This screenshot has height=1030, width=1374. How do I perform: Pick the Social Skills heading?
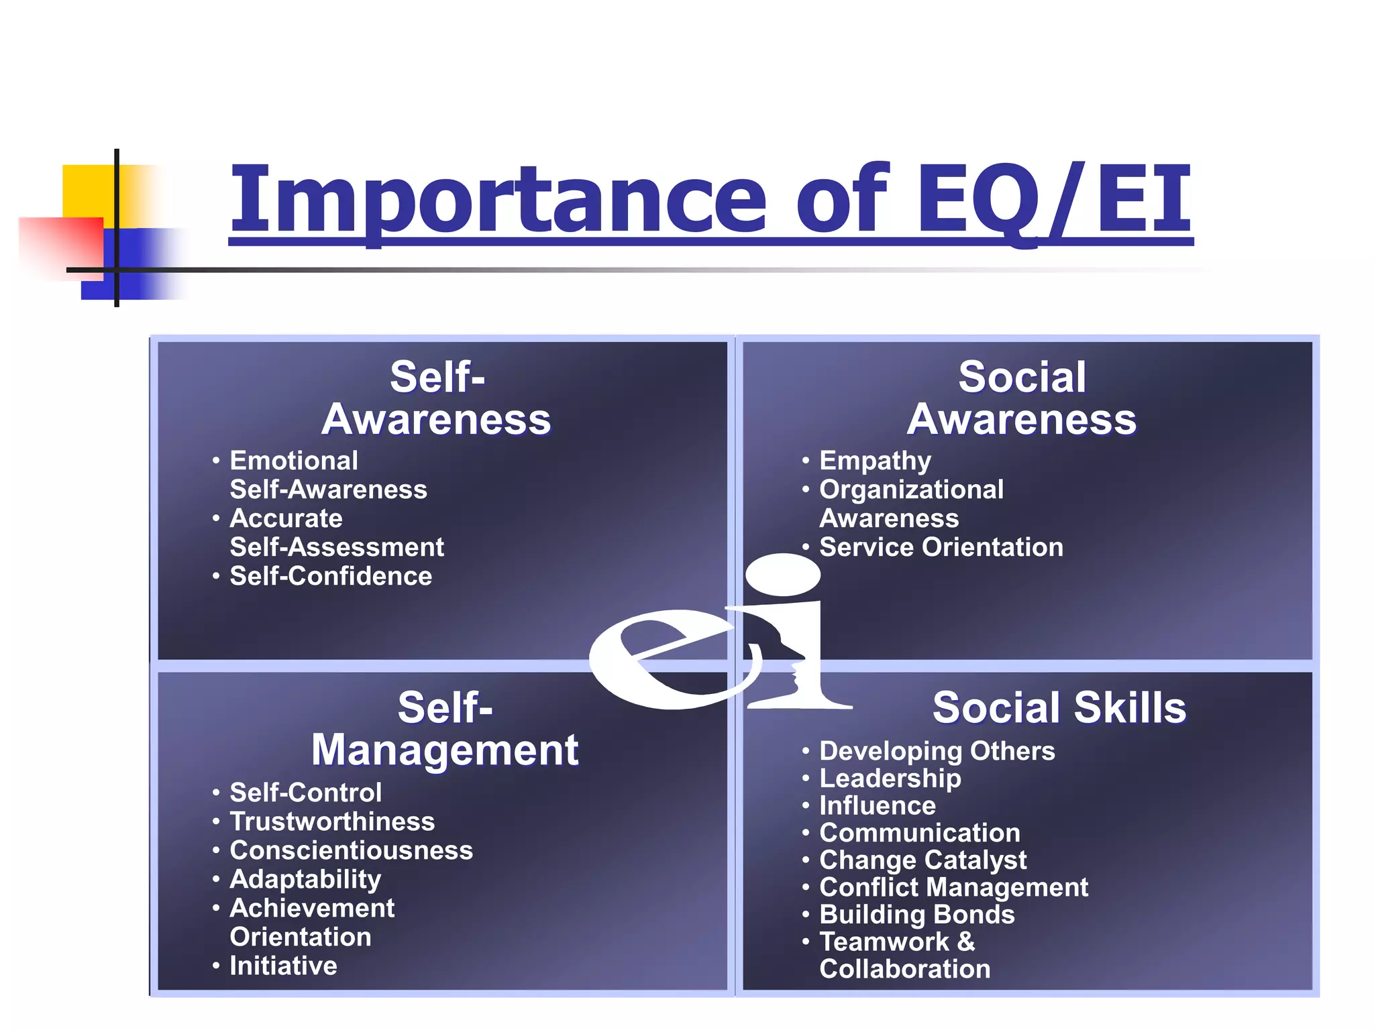[1059, 707]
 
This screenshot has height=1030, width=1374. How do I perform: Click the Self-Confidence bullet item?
[331, 576]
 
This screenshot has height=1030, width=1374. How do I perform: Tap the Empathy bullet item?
[875, 461]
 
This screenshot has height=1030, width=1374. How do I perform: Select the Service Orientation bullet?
[941, 547]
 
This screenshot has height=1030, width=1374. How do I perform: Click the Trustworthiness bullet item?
[332, 821]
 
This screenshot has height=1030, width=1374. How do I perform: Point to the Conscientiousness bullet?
[351, 850]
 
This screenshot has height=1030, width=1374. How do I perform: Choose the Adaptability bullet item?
[305, 879]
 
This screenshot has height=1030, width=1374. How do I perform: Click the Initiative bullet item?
[283, 966]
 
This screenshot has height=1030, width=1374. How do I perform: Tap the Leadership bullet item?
[890, 779]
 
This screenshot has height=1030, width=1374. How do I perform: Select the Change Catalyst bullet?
[922, 860]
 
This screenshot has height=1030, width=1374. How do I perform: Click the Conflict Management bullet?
[953, 887]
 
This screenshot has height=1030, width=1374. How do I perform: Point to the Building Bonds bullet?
[916, 915]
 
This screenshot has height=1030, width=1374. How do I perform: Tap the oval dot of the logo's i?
[783, 575]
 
